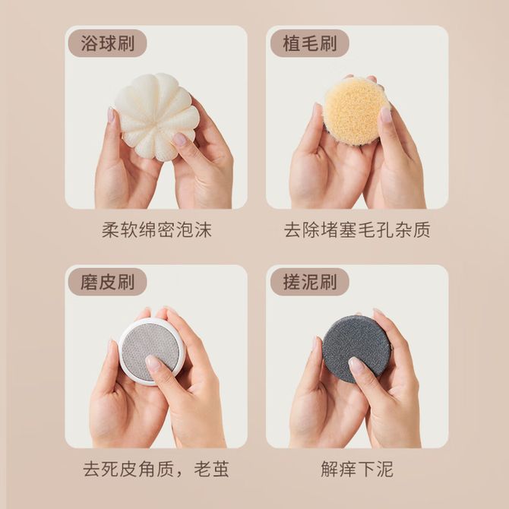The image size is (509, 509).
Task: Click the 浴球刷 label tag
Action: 107,43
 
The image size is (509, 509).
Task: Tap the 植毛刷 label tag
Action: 309,43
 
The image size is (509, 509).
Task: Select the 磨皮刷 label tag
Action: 107,282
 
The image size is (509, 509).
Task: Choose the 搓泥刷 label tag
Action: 309,282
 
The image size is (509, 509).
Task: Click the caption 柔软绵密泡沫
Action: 156,230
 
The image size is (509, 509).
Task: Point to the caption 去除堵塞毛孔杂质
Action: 357,230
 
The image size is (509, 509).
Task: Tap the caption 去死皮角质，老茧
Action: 156,469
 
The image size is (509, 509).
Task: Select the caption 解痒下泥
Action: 357,469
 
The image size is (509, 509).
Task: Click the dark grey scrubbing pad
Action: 356,349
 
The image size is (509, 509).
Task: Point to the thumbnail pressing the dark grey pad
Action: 356,365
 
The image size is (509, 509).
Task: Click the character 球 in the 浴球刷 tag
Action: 107,43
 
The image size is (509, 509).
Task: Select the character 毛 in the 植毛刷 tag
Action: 310,43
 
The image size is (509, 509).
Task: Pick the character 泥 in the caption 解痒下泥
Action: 384,469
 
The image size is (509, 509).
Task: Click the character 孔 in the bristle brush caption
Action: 384,230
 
